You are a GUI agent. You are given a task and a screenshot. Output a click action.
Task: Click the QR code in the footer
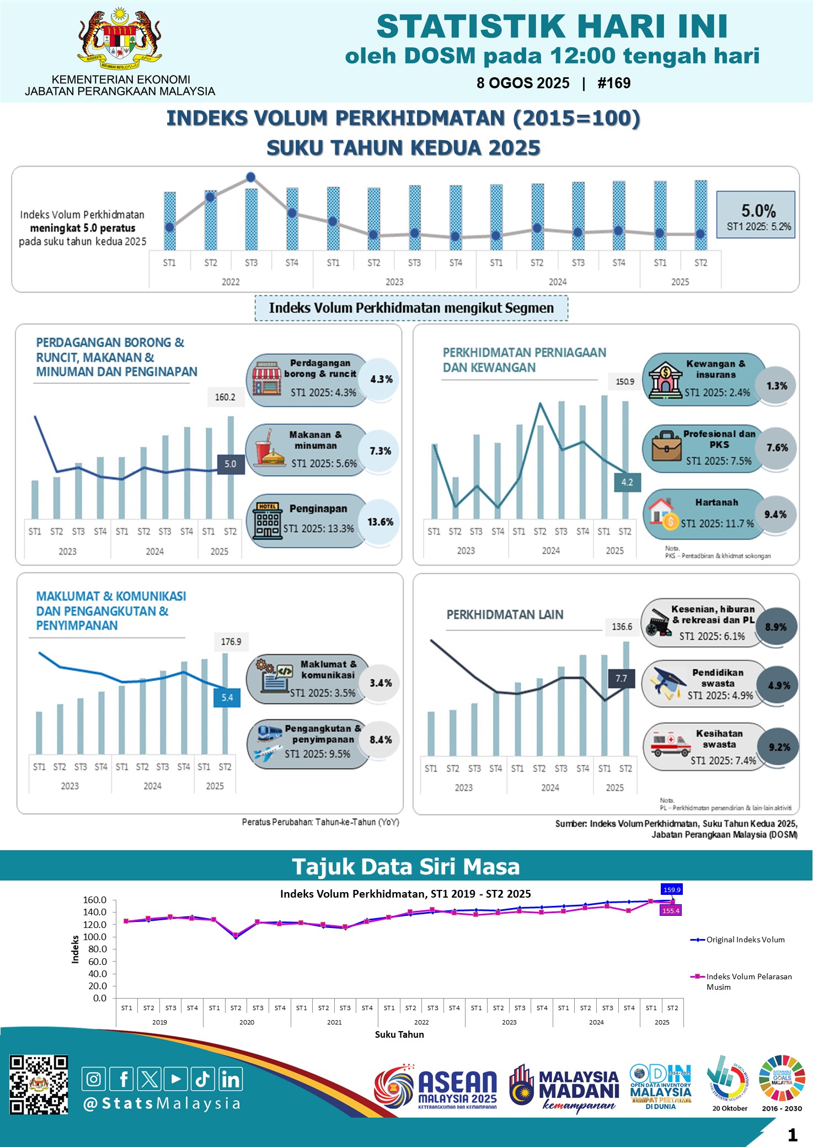pyautogui.click(x=39, y=1085)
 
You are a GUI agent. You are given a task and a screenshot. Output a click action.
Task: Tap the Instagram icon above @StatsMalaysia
pyautogui.click(x=94, y=1079)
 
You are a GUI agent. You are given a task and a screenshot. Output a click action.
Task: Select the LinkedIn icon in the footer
pyautogui.click(x=231, y=1079)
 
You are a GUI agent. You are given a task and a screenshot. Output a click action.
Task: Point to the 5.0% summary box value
pyautogui.click(x=758, y=211)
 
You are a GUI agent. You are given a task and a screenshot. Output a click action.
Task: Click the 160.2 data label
pyautogui.click(x=225, y=397)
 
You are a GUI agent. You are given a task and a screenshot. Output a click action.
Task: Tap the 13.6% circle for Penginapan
pyautogui.click(x=380, y=522)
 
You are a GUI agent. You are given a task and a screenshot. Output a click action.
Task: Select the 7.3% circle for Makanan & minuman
pyautogui.click(x=380, y=451)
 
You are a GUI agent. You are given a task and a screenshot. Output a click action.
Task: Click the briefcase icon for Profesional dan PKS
pyautogui.click(x=666, y=446)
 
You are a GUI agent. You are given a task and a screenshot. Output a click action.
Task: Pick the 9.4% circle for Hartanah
pyautogui.click(x=775, y=514)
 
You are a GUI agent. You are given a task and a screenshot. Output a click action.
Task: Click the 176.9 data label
pyautogui.click(x=231, y=642)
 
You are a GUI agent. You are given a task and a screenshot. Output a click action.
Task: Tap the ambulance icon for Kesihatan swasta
pyautogui.click(x=670, y=745)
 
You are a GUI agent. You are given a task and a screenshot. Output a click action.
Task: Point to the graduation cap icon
pyautogui.click(x=670, y=682)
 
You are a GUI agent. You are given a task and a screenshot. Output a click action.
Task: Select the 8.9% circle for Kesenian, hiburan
pyautogui.click(x=775, y=627)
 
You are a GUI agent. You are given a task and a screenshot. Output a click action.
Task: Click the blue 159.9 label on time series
pyautogui.click(x=672, y=889)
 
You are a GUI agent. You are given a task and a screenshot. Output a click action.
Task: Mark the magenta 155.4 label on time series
pyautogui.click(x=671, y=911)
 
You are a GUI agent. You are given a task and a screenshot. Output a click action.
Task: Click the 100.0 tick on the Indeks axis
pyautogui.click(x=94, y=937)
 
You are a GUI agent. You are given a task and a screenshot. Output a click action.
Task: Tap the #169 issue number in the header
pyautogui.click(x=614, y=83)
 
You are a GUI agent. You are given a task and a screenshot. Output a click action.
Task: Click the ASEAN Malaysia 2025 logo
pyautogui.click(x=436, y=1087)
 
